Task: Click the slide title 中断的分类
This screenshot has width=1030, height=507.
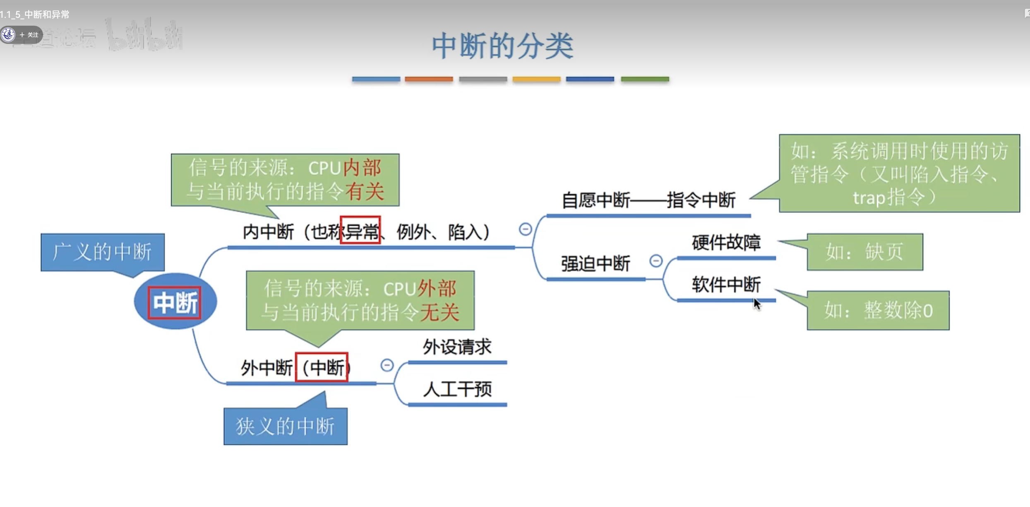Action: click(502, 46)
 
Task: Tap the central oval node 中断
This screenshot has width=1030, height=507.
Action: click(175, 302)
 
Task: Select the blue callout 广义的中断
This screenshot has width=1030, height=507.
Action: click(103, 252)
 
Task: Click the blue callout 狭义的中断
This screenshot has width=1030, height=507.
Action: click(286, 426)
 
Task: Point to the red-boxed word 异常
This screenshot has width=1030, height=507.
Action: click(360, 230)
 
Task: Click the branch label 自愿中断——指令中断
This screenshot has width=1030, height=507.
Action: click(648, 200)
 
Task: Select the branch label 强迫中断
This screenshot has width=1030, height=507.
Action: click(595, 263)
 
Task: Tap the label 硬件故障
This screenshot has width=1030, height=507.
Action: click(726, 243)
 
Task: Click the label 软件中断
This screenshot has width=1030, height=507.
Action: click(726, 285)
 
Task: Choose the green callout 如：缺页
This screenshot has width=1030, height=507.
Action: click(864, 252)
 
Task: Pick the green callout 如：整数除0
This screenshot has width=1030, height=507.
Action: click(878, 310)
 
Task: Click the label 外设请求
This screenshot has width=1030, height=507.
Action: click(457, 347)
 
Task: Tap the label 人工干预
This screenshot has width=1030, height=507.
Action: click(457, 389)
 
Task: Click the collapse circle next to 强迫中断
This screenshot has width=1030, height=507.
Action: click(656, 261)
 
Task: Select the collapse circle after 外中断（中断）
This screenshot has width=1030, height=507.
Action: click(387, 365)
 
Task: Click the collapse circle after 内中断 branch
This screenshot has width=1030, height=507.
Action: click(525, 229)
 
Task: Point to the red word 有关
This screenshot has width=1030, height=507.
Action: click(365, 192)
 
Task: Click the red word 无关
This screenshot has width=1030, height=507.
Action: click(439, 312)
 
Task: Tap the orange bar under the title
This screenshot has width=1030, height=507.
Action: click(429, 79)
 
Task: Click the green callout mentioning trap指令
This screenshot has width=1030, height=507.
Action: click(899, 174)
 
